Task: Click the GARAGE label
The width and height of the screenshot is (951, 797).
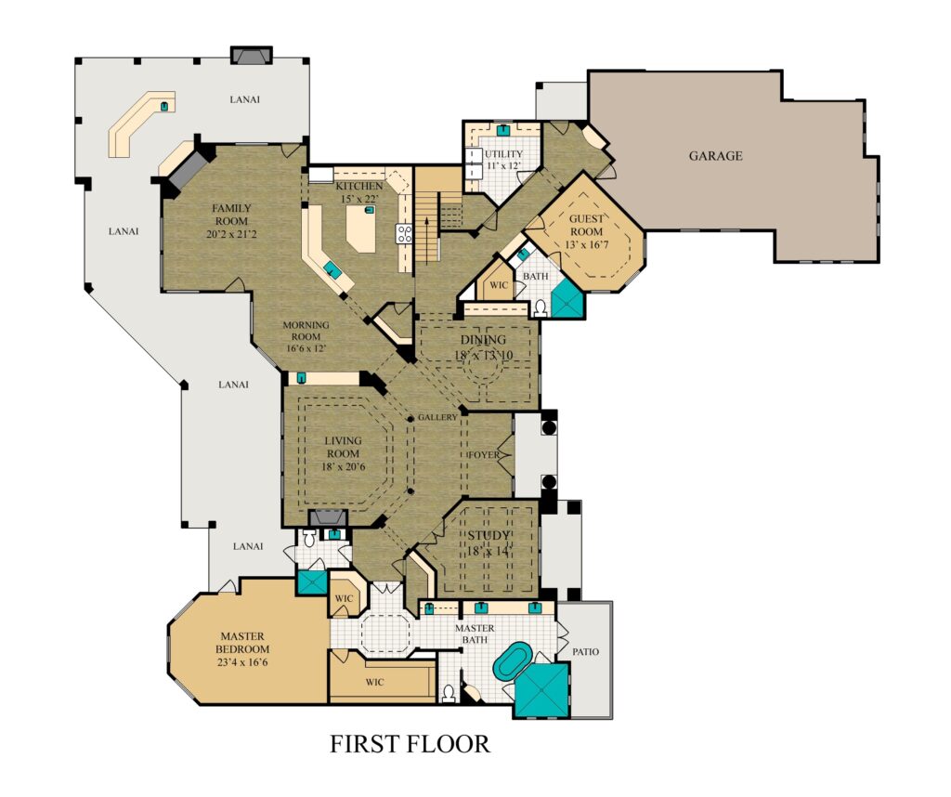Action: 715,156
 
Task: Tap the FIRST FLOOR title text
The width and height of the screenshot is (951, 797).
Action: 410,744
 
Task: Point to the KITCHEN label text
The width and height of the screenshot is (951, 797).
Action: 359,186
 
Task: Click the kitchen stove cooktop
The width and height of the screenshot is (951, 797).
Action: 405,234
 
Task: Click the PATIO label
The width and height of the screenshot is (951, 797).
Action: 585,652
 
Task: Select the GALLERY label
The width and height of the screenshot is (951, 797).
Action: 437,417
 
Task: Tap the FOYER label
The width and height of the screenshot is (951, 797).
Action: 484,455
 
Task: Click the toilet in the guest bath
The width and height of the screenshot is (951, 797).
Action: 541,309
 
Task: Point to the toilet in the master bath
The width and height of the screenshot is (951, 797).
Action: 449,693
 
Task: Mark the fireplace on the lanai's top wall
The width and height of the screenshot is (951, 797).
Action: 251,55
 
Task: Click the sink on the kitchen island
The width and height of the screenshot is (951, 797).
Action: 369,210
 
